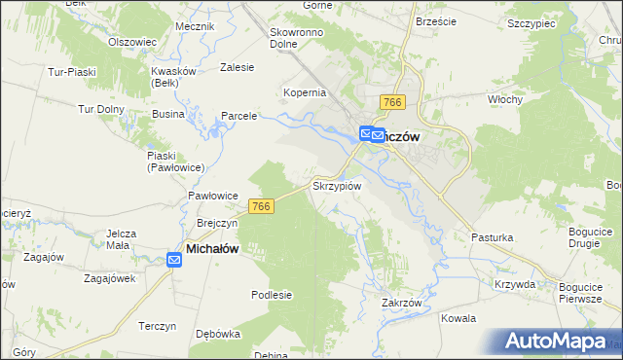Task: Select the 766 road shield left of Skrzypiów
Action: point(260,206)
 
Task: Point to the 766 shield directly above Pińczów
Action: point(393,103)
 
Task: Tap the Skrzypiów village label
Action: point(337,185)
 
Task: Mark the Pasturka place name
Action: point(492,236)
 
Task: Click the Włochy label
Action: point(506,99)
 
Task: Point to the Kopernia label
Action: point(305,92)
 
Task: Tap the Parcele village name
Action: point(238,116)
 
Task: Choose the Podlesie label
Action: point(272,294)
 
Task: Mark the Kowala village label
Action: point(458,318)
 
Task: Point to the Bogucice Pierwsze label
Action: point(581,293)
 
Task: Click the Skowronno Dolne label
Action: point(297,37)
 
